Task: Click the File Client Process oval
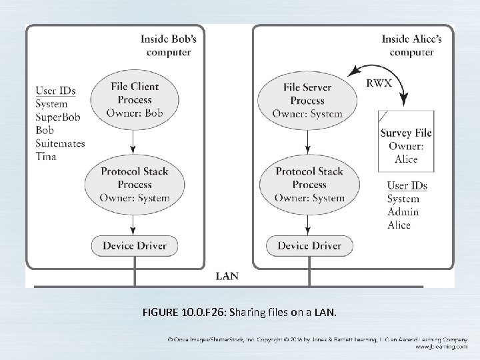coord(134,100)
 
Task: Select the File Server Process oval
coord(307,101)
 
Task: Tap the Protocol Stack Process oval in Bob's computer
coord(134,184)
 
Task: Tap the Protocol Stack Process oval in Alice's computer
coord(310,184)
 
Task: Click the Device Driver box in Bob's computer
coord(134,245)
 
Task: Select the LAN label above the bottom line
coord(228,275)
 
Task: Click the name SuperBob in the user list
coord(57,117)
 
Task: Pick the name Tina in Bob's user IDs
coord(46,156)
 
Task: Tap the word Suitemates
coord(61,143)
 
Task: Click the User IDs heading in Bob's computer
coord(55,90)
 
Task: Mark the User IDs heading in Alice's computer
coord(407,185)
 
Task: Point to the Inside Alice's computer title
coord(411,45)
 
